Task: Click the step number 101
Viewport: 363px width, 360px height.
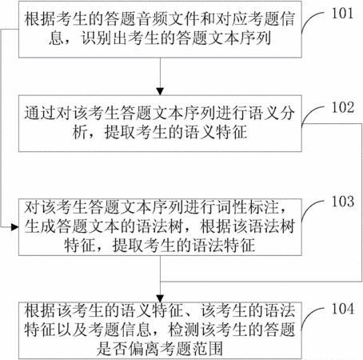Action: click(x=342, y=14)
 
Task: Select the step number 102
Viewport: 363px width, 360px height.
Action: click(x=343, y=108)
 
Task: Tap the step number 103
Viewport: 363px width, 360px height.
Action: click(x=343, y=202)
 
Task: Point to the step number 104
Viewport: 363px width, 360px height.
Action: click(x=343, y=309)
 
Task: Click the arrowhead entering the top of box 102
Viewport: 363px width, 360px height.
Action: click(x=160, y=91)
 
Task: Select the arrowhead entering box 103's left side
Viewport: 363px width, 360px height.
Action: click(x=14, y=227)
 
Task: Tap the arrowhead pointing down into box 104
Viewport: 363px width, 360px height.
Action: click(x=160, y=298)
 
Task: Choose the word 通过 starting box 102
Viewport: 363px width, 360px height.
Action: click(x=40, y=113)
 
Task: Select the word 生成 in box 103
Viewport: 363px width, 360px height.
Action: click(x=40, y=226)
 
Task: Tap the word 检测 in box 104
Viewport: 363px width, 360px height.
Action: click(x=183, y=330)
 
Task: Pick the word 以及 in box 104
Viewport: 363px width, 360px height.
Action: click(x=72, y=330)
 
